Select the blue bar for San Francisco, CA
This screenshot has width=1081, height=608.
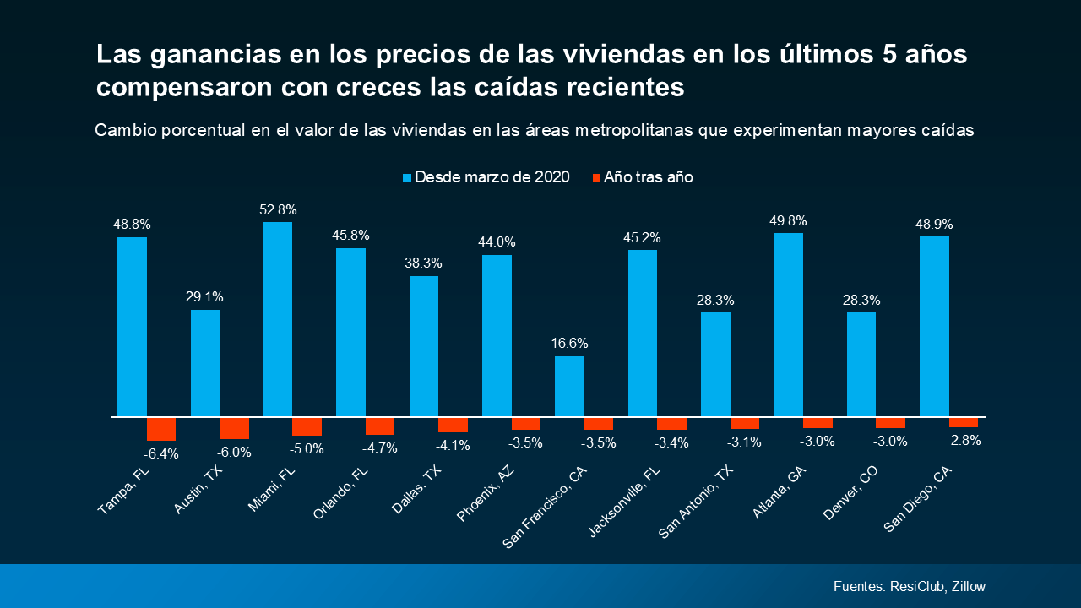click(569, 386)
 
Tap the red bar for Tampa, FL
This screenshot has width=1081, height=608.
click(161, 429)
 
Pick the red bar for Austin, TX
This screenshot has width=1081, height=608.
click(234, 428)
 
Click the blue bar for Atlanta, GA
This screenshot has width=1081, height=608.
click(788, 325)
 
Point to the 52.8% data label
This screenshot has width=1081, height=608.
click(278, 209)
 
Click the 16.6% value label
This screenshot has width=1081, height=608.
click(569, 343)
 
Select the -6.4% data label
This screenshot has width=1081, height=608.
click(161, 453)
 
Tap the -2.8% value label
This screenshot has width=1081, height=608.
click(964, 440)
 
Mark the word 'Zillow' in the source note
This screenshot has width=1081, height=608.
click(968, 587)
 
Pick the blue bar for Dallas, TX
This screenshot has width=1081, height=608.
click(424, 346)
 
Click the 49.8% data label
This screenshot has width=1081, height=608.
click(788, 221)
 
